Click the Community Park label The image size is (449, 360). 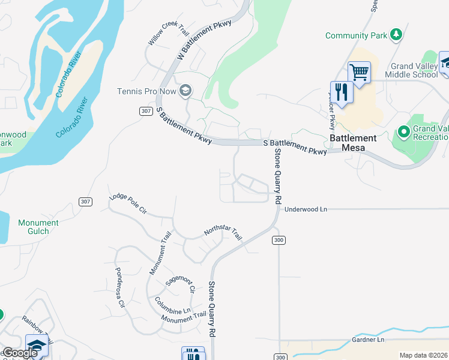coord(356,36)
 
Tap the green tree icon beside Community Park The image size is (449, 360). coord(396,35)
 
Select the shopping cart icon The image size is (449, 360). coord(359,72)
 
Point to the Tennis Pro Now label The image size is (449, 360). coord(146,91)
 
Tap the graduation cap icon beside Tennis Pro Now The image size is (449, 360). coord(185,91)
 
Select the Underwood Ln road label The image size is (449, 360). coord(306,209)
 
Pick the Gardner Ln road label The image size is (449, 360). coord(368,340)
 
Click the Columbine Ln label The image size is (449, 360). coord(172,305)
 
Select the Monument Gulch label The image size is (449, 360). coord(38,227)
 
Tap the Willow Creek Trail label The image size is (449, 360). coord(168,38)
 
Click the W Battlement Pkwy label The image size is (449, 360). coord(204,41)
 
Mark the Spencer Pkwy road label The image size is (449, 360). coord(331,111)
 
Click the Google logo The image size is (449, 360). coord(20,353)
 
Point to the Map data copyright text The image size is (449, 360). coord(423,355)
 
